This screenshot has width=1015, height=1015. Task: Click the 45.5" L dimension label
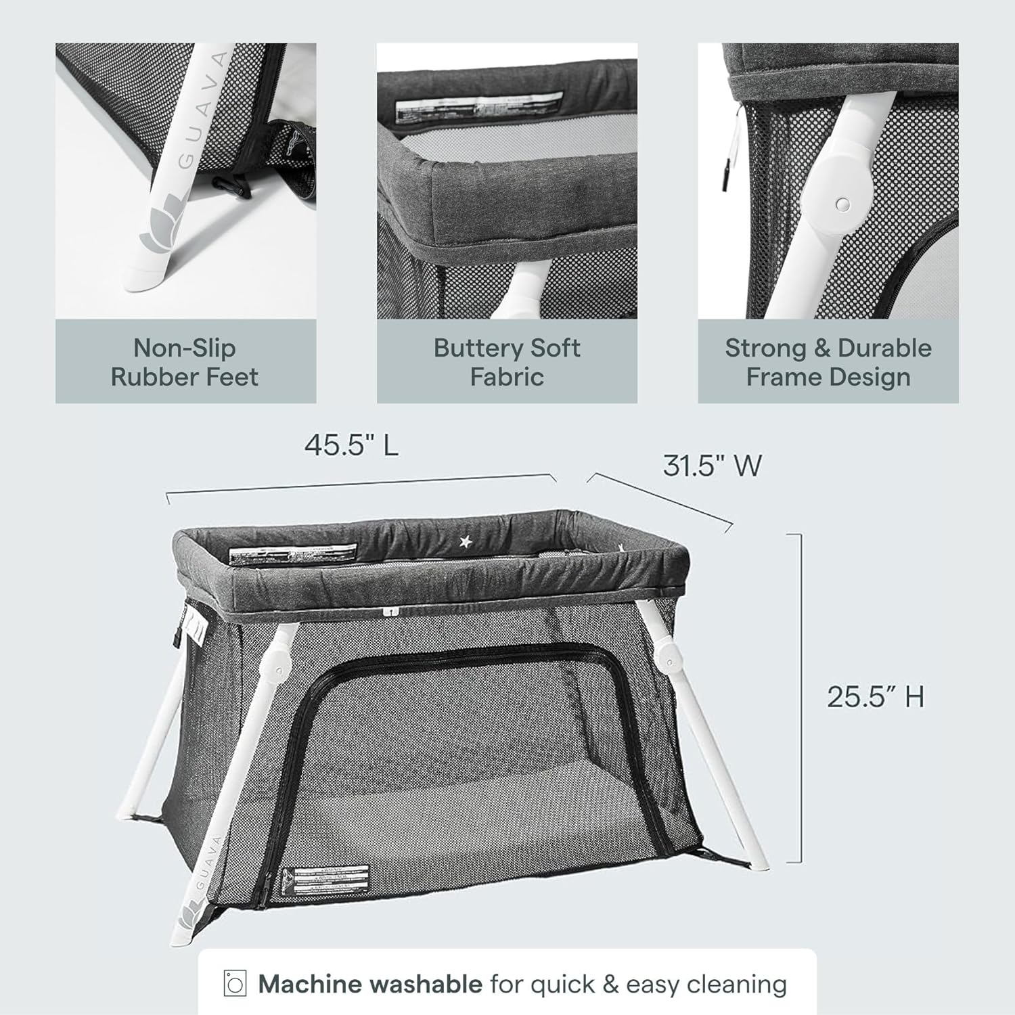[x=351, y=445]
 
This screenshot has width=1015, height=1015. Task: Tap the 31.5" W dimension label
[x=712, y=466]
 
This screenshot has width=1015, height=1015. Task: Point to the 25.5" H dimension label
[x=875, y=696]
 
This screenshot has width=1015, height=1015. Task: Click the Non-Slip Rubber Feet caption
[x=185, y=362]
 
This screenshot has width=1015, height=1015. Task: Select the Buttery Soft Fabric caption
[x=507, y=362]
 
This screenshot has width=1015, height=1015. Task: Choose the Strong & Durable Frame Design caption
[x=828, y=362]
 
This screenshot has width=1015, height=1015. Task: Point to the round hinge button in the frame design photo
[x=842, y=204]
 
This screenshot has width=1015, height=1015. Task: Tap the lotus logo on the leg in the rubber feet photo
[x=158, y=234]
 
